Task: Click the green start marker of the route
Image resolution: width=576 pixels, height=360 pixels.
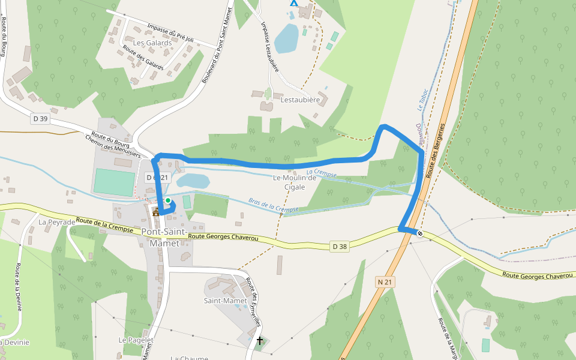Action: pyautogui.click(x=168, y=200)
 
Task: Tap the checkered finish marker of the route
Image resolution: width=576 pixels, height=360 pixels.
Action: pyautogui.click(x=420, y=233)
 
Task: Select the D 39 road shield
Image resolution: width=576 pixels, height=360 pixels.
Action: pyautogui.click(x=40, y=119)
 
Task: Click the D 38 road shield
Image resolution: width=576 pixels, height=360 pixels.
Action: pyautogui.click(x=340, y=246)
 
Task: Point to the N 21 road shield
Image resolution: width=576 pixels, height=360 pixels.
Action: pyautogui.click(x=385, y=281)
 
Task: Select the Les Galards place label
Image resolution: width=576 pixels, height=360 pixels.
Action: pyautogui.click(x=152, y=43)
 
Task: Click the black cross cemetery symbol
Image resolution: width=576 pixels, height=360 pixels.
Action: pyautogui.click(x=260, y=341)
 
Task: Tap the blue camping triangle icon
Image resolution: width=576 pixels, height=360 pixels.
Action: pyautogui.click(x=293, y=2)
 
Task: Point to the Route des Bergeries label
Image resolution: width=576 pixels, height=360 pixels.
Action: pyautogui.click(x=436, y=150)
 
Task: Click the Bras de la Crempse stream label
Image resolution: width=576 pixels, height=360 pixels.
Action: pyautogui.click(x=274, y=205)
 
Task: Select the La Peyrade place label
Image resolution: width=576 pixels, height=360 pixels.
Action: pyautogui.click(x=57, y=222)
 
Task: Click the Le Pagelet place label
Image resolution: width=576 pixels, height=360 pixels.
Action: pyautogui.click(x=136, y=340)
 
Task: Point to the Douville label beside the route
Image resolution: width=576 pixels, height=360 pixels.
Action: pyautogui.click(x=420, y=136)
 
